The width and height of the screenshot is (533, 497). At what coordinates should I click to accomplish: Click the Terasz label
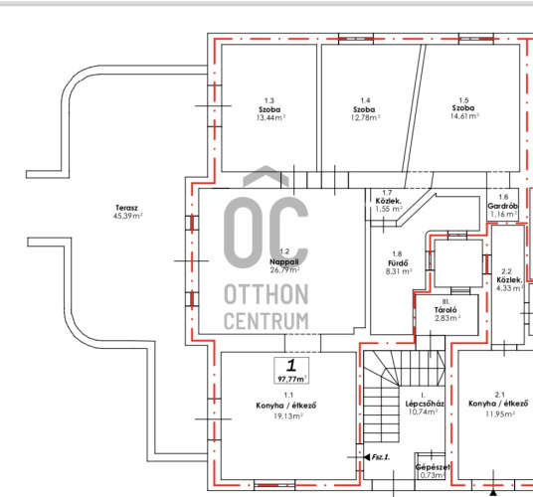click(x=126, y=208)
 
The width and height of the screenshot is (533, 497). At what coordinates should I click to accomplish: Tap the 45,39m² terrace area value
click(x=128, y=216)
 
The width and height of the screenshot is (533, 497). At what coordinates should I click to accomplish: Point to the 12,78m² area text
click(x=365, y=117)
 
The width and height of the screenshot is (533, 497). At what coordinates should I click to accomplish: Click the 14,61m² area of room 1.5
click(x=464, y=116)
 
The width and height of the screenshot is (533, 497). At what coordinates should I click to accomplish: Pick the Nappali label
click(x=284, y=261)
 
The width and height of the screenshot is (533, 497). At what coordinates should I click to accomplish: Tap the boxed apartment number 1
click(x=291, y=366)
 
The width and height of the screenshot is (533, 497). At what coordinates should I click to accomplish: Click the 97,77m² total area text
click(x=292, y=379)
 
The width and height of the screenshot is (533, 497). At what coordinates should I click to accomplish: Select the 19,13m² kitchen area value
click(x=288, y=416)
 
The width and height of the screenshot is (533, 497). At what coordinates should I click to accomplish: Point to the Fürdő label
click(x=398, y=263)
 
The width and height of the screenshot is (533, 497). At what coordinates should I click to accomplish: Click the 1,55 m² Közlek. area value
click(x=389, y=209)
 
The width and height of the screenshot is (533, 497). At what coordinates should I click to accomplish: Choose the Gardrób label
click(x=503, y=206)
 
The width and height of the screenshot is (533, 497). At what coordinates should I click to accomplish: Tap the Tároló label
click(x=445, y=310)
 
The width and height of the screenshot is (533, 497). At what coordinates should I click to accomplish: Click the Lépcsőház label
click(x=425, y=404)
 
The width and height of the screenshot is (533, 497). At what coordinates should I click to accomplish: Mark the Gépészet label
click(x=433, y=467)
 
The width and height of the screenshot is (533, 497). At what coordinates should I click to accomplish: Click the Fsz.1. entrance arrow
click(x=367, y=457)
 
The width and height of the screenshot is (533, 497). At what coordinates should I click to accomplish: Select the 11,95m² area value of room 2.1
click(x=500, y=414)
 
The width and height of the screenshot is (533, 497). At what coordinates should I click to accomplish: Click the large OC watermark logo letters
click(x=266, y=233)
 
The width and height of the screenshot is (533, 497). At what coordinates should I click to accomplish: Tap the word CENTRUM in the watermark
click(x=266, y=321)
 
